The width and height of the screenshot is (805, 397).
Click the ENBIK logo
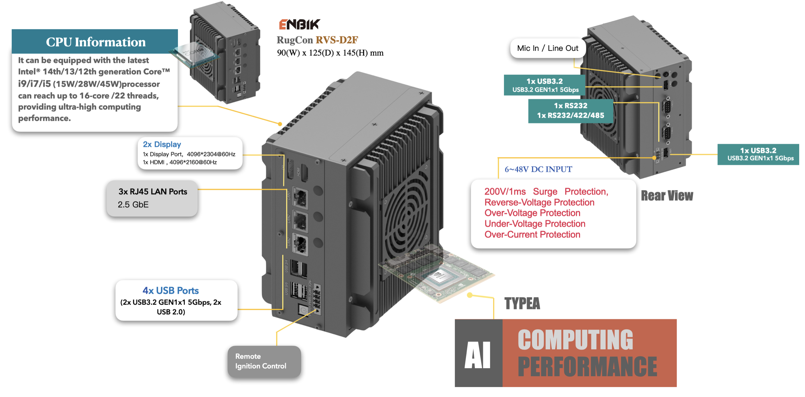(299, 24)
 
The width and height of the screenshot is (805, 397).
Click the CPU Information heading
(96, 42)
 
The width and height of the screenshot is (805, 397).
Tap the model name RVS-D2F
(337, 40)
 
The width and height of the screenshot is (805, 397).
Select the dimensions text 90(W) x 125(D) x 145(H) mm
(330, 53)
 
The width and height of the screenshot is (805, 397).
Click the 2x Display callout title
(162, 144)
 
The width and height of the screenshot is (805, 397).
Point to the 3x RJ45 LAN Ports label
(153, 192)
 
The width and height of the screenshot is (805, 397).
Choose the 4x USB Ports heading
(170, 290)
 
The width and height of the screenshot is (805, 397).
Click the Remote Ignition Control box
(264, 361)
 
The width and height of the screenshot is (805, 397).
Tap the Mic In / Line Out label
(547, 48)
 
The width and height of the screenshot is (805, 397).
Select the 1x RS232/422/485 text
(570, 116)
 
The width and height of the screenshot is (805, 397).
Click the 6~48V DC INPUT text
(538, 169)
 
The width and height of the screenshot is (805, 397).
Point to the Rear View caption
(667, 196)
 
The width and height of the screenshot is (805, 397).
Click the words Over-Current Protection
(532, 234)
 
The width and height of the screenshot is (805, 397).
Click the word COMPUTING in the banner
(575, 340)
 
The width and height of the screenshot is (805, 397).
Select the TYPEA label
(522, 304)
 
